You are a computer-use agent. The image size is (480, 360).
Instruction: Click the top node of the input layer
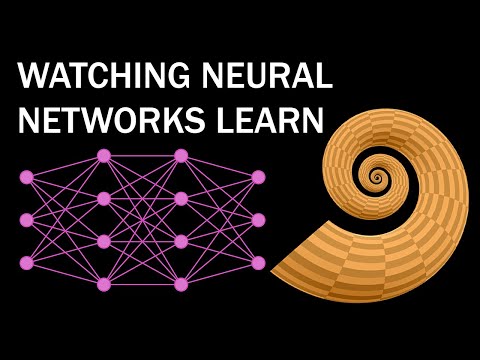27,177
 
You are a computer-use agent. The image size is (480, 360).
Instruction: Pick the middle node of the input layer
27,220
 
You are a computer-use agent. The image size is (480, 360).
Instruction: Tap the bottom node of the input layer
27,263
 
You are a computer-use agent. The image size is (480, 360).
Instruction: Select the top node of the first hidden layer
104,155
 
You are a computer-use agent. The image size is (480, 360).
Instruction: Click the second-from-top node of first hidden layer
104,198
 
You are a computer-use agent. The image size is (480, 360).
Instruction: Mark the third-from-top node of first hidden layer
104,241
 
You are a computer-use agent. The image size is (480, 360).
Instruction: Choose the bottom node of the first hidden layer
104,284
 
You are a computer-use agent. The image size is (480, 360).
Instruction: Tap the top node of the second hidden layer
181,155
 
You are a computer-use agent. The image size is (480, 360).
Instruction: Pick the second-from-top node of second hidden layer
181,198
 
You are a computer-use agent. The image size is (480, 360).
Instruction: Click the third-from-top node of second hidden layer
181,241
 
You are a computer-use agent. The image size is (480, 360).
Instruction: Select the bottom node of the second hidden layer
181,284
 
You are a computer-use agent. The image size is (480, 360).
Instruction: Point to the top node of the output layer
258,177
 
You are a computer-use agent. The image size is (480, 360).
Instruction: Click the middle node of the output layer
258,220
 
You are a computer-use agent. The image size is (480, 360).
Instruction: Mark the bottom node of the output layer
258,263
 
